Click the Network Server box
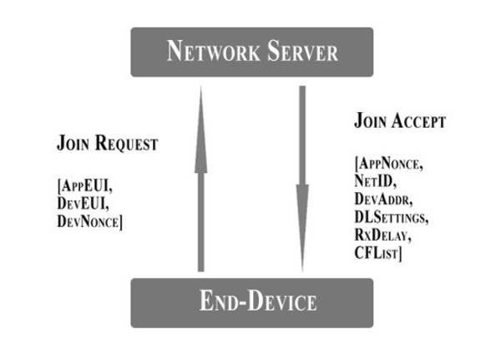(x=251, y=52)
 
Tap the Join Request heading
(x=107, y=143)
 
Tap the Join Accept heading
(x=400, y=121)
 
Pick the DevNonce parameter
(x=89, y=221)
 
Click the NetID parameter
(x=373, y=182)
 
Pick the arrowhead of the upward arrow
(x=200, y=104)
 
